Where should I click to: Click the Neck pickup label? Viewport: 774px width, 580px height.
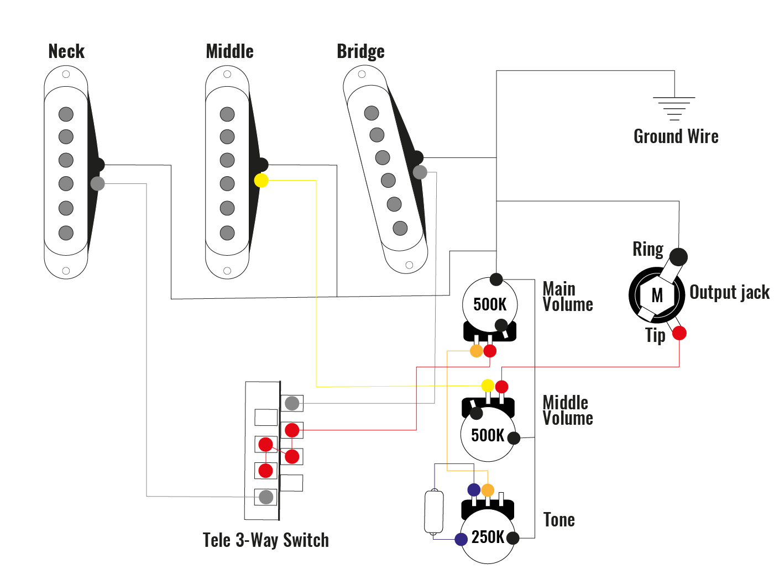pos(66,51)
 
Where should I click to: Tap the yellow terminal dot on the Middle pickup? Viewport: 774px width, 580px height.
pos(261,180)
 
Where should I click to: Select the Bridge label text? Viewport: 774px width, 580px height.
pos(360,51)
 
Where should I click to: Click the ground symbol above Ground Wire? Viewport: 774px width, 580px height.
pos(674,108)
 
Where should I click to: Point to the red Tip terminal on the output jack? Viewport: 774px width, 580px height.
pos(679,333)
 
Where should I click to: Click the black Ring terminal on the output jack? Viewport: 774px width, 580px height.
pos(678,256)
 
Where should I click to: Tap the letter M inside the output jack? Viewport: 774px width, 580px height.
pos(657,296)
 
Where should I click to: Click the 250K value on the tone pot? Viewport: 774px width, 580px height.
pos(488,537)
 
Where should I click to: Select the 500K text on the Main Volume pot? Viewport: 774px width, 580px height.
pos(490,304)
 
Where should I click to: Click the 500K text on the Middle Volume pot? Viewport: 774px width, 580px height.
pos(488,435)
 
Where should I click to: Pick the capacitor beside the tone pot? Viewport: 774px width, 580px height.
pos(434,512)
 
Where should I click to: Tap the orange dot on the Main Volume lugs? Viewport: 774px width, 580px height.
pos(476,351)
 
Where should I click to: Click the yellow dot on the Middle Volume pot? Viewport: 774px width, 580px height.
pos(488,386)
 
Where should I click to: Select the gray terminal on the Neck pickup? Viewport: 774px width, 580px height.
pos(98,183)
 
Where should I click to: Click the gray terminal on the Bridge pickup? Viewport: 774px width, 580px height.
pos(420,172)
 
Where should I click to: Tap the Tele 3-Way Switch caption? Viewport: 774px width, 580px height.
pos(265,540)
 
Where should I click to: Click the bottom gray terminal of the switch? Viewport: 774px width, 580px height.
pos(266,497)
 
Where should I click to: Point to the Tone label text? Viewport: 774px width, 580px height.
pos(559,520)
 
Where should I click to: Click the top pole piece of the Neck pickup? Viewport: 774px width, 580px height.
pos(66,114)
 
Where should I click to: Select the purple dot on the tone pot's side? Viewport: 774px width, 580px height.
pos(461,539)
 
